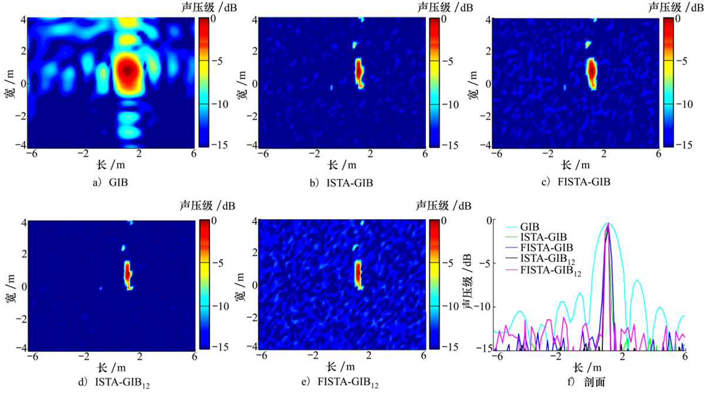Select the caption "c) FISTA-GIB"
[576, 182]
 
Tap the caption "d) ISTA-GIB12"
[117, 385]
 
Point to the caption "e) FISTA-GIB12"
[341, 385]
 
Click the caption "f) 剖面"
[589, 384]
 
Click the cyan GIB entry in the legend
[530, 226]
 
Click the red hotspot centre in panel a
[129, 70]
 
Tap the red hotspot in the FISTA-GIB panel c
[591, 69]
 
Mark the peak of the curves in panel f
[608, 224]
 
